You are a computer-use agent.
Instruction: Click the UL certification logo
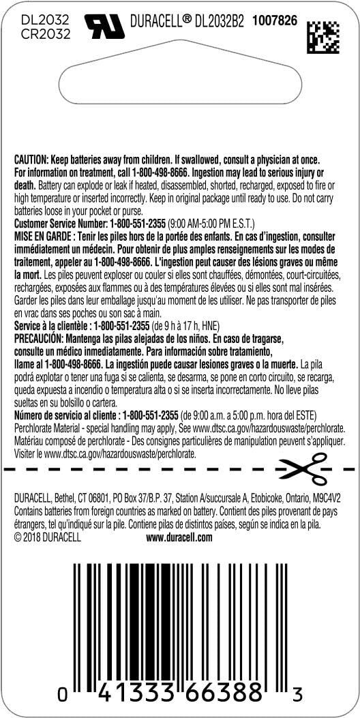105,25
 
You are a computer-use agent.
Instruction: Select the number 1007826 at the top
275,21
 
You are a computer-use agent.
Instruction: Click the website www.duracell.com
179,537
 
